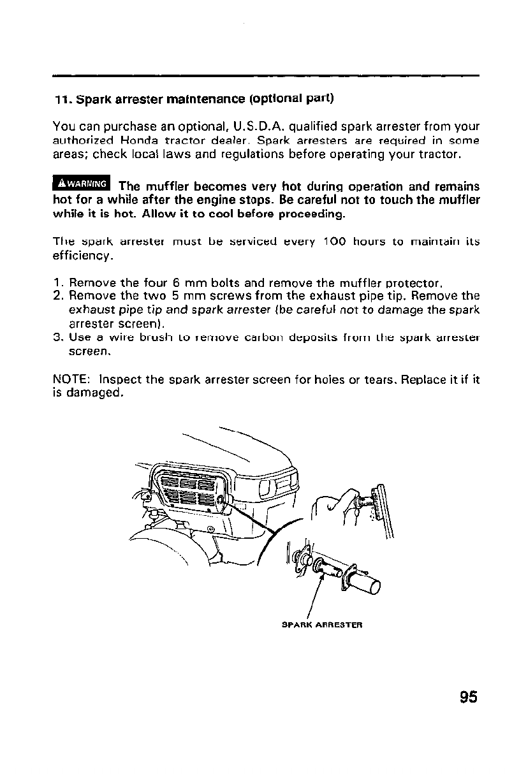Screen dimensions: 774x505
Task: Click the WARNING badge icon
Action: tap(81, 184)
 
